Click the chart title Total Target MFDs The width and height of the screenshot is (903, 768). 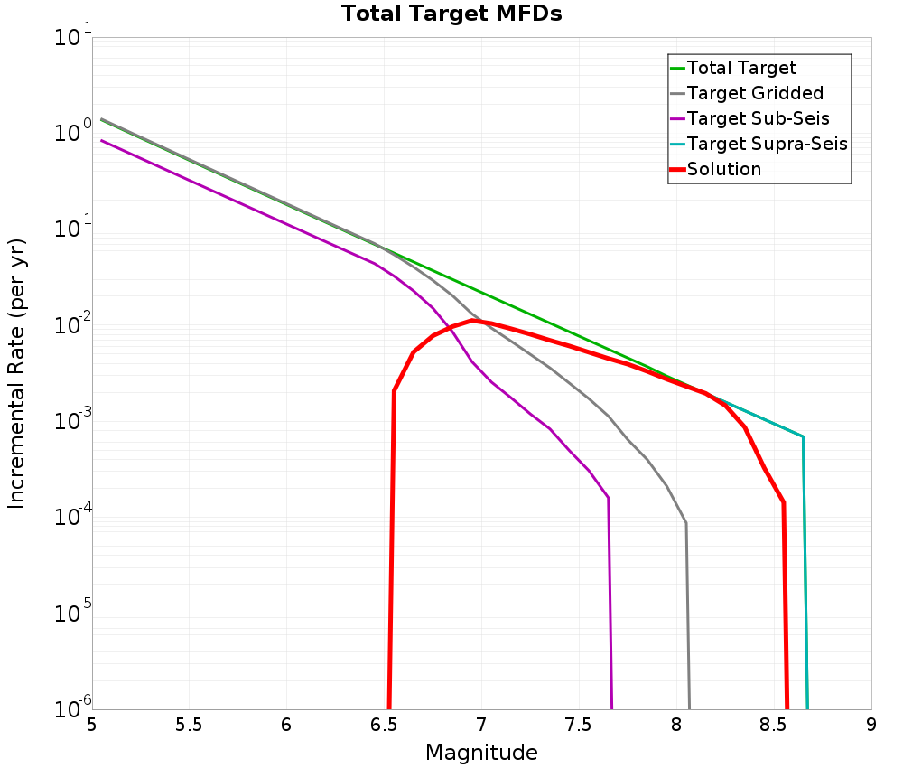click(451, 14)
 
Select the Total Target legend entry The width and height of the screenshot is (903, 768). click(741, 68)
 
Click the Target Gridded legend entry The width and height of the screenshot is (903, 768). click(755, 93)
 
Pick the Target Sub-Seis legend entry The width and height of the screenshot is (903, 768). click(758, 118)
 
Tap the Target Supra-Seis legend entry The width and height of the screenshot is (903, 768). click(767, 144)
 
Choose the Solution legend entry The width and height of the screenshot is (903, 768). click(723, 169)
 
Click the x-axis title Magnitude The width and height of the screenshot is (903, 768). click(481, 753)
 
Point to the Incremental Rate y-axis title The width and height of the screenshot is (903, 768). click(17, 373)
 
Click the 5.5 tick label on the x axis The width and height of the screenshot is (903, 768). click(189, 725)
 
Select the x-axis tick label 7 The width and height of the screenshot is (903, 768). click(481, 725)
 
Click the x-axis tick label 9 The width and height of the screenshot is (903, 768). click(870, 725)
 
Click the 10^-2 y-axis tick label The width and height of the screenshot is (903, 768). click(70, 326)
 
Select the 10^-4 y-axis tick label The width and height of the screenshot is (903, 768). click(70, 518)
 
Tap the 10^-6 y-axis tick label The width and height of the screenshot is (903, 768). click(70, 709)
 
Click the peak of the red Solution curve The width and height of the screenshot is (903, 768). click(472, 321)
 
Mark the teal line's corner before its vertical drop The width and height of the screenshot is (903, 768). click(803, 437)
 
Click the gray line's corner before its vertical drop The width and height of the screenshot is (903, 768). click(686, 523)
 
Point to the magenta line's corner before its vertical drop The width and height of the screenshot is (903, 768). click(609, 498)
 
